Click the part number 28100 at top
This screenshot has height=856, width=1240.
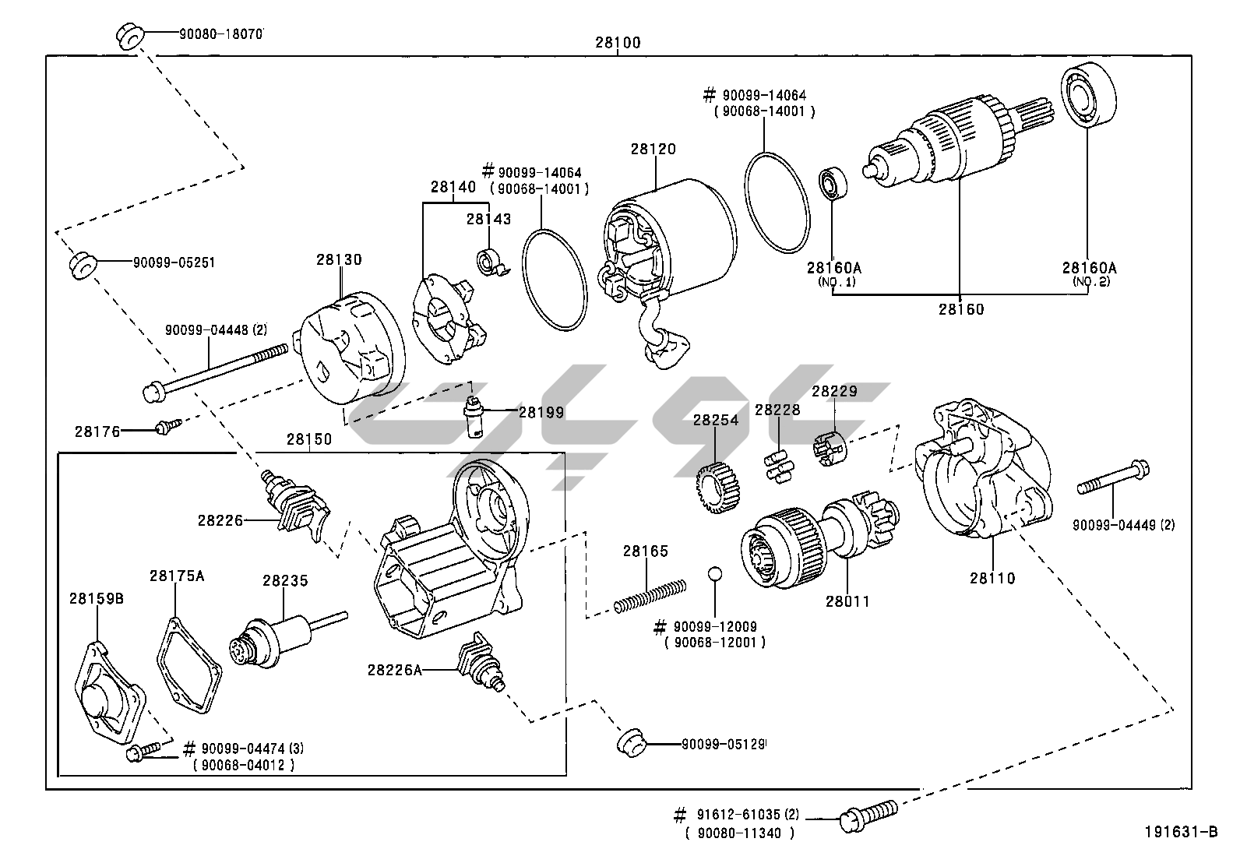[x=618, y=43]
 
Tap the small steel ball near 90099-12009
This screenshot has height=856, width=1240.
[x=714, y=575]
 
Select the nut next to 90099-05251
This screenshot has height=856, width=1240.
[x=83, y=264]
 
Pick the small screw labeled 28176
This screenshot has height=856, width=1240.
[x=166, y=427]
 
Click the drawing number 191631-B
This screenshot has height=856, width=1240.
[x=1179, y=832]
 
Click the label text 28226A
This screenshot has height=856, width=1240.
[x=395, y=668]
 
